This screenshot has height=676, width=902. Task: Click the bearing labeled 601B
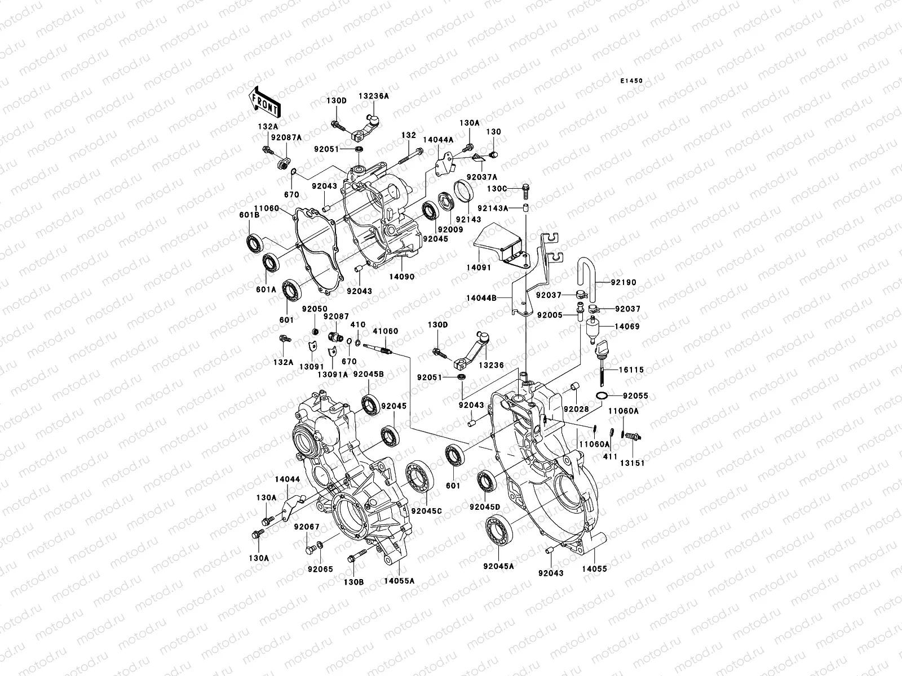tap(255, 243)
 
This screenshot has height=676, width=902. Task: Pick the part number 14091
tap(479, 268)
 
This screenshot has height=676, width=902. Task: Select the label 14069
tap(626, 326)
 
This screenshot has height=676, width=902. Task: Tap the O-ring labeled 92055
tap(602, 397)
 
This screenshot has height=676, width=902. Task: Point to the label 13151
tap(633, 463)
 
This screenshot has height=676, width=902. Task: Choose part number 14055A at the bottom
tap(399, 580)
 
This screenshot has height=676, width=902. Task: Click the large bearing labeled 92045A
tap(499, 530)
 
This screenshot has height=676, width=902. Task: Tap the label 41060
tap(381, 332)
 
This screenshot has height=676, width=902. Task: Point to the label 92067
tap(306, 527)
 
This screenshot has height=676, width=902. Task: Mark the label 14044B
tap(481, 298)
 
